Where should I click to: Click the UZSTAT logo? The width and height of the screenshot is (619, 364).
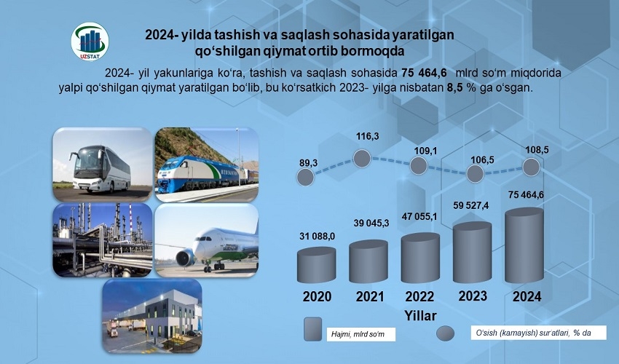coord(90,41)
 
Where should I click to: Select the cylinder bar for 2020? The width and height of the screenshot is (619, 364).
coord(316,265)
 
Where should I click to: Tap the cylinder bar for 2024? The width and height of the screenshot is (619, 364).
coord(524,245)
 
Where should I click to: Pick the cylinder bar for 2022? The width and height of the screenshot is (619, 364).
coord(420,258)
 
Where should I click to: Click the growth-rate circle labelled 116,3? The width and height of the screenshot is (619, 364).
coord(362,158)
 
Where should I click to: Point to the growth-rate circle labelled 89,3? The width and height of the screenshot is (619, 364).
coord(305,177)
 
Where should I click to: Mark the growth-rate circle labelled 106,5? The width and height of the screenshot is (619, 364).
coord(475,174)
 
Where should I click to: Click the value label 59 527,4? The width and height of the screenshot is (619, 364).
coord(472,206)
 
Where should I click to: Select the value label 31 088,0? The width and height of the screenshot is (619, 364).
coord(317,236)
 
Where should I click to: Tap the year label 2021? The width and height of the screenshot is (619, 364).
coord(370,296)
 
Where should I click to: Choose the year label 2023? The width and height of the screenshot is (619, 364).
coord(473,296)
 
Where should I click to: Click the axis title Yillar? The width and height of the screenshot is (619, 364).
coord(420,316)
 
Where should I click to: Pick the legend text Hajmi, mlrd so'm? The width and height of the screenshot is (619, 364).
coord(358,334)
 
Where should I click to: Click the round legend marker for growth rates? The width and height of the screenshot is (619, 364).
coord(445,333)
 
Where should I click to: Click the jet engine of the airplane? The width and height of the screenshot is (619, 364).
coord(185,258)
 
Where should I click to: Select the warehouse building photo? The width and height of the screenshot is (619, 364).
coord(152,315)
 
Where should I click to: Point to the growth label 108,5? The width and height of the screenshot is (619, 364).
coord(537,151)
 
